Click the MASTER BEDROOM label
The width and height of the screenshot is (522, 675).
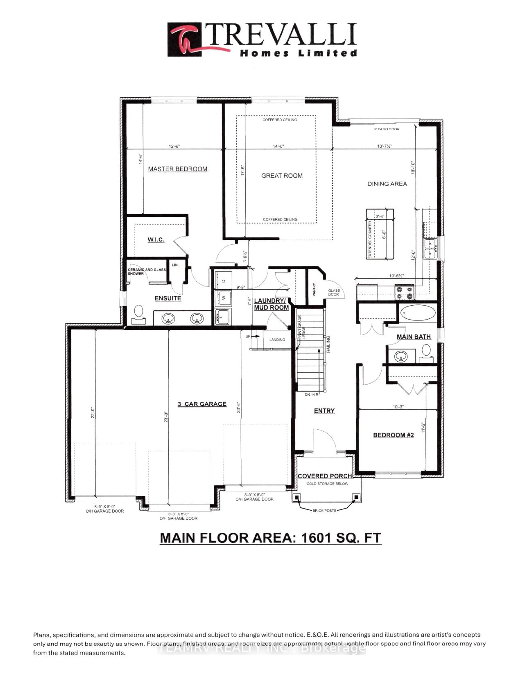[178, 169]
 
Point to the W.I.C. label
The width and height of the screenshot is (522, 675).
[156, 239]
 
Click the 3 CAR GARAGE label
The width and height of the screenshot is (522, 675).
[202, 404]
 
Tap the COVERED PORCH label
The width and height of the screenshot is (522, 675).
[325, 476]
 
